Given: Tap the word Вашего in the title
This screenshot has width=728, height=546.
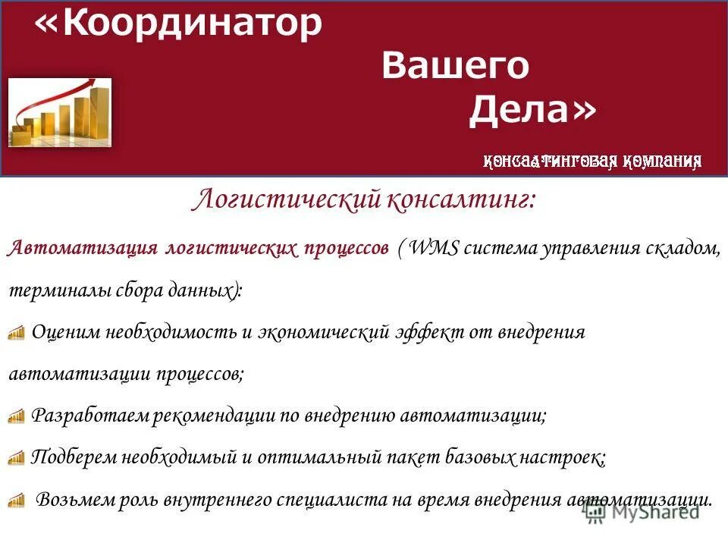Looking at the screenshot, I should click(x=455, y=67).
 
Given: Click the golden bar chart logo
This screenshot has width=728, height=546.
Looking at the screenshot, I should click(x=60, y=112).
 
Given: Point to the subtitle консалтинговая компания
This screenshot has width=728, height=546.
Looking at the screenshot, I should click(x=592, y=161).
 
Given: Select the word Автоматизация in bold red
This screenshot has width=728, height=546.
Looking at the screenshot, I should click(x=83, y=249).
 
